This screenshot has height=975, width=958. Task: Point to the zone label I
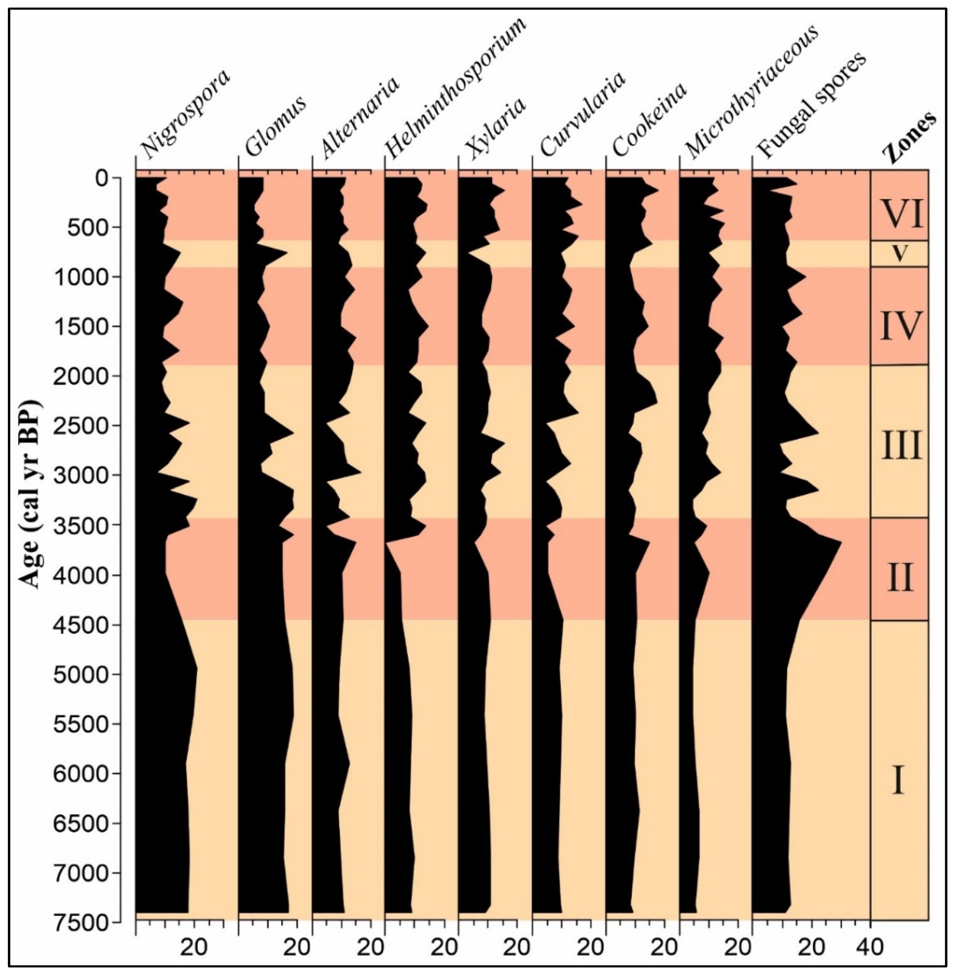899,780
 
